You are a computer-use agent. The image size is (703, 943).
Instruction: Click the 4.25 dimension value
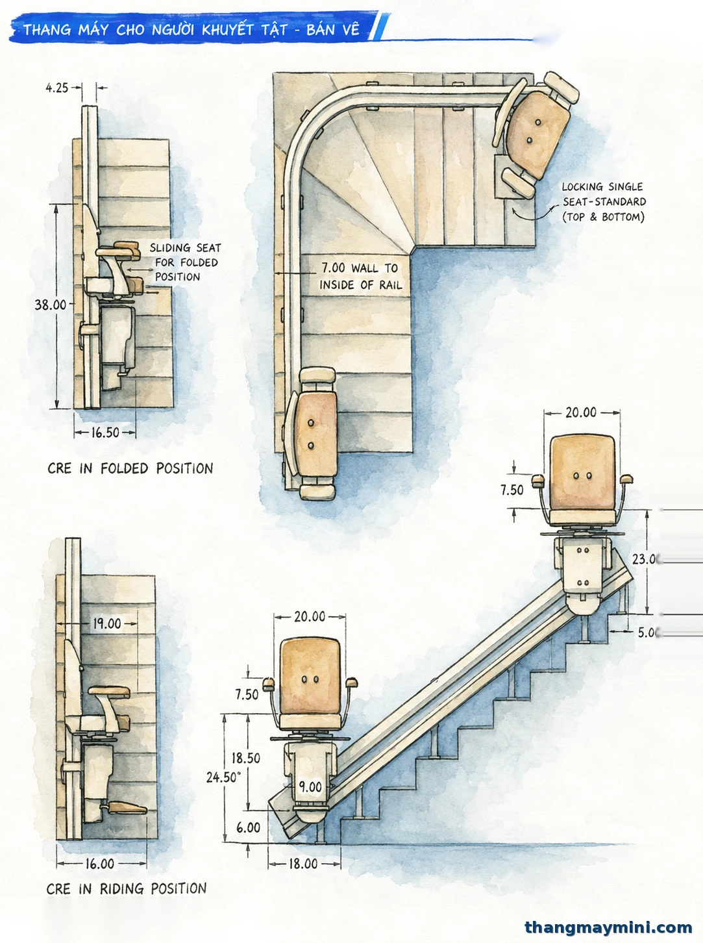pyautogui.click(x=56, y=88)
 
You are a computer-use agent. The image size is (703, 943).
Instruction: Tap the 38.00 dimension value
pyautogui.click(x=51, y=305)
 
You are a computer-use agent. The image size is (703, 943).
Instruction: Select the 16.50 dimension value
pyautogui.click(x=105, y=433)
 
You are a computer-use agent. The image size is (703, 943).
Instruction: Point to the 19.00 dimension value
pyautogui.click(x=107, y=623)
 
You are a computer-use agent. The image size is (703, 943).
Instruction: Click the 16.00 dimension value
pyautogui.click(x=99, y=864)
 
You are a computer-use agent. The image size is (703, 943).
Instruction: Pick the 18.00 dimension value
pyautogui.click(x=303, y=864)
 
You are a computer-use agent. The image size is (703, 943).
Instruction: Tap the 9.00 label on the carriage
pyautogui.click(x=310, y=787)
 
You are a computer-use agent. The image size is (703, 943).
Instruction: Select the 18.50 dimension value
pyautogui.click(x=245, y=758)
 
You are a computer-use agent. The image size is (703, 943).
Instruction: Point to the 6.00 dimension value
pyautogui.click(x=248, y=827)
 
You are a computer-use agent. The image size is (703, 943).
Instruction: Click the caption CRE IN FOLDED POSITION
pyautogui.click(x=130, y=468)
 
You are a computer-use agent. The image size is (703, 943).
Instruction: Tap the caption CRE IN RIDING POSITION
pyautogui.click(x=127, y=888)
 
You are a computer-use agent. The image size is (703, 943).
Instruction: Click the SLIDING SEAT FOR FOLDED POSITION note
pyautogui.click(x=184, y=262)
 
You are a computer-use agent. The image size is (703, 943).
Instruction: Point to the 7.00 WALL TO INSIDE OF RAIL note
pyautogui.click(x=361, y=276)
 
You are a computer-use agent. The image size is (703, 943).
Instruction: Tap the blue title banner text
pyautogui.click(x=191, y=30)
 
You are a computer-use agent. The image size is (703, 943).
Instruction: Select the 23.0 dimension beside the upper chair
pyautogui.click(x=645, y=559)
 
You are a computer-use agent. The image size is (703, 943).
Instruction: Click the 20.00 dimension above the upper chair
pyautogui.click(x=580, y=412)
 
